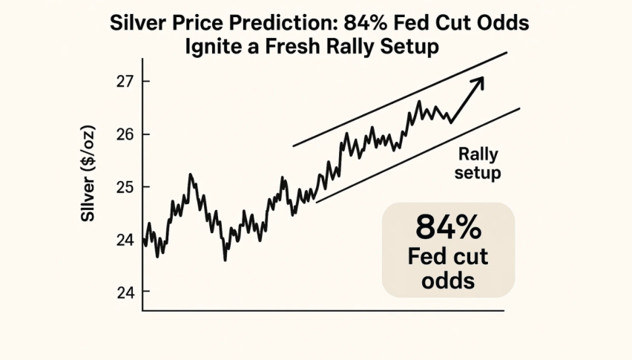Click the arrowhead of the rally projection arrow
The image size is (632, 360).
point(478,80)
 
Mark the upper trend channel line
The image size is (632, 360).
point(401,98)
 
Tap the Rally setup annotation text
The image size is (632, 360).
point(478,164)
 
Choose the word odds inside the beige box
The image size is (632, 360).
point(448,281)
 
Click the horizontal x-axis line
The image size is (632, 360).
point(323,310)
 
